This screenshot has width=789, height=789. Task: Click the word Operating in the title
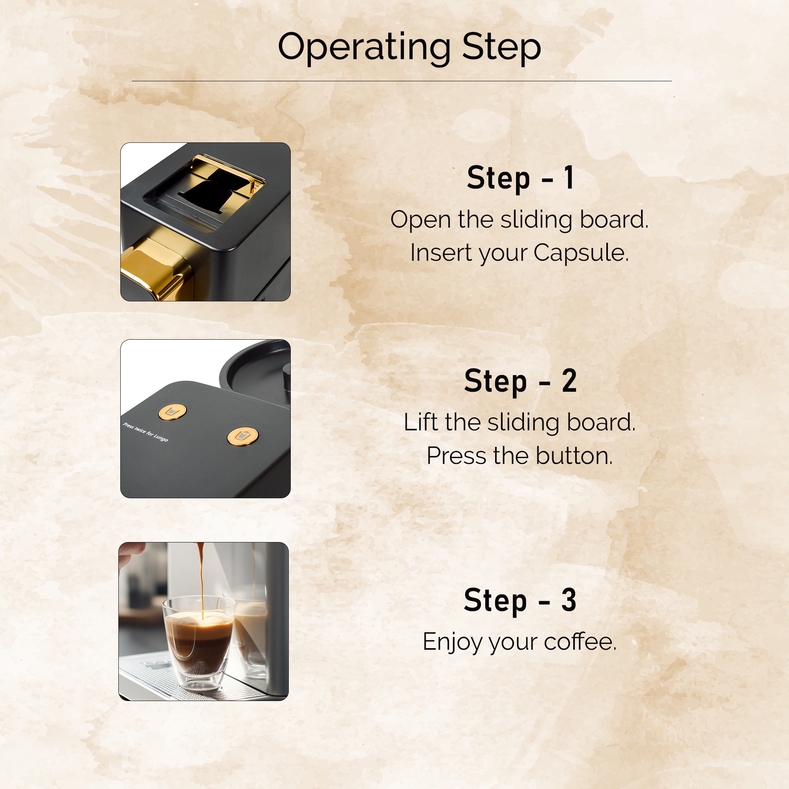pos(364,49)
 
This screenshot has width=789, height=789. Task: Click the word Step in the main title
pos(501,49)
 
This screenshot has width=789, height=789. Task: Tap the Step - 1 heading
pos(521,178)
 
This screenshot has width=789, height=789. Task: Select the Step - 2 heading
pos(521,381)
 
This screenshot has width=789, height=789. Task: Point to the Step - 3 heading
pos(520,600)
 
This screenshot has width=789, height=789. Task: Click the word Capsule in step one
pos(581,253)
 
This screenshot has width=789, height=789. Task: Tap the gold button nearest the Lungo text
pos(172,412)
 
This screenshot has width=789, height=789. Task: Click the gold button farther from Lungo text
pos(243,437)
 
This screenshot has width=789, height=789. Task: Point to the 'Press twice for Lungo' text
pos(146,432)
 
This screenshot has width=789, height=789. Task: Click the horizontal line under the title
pos(402,81)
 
